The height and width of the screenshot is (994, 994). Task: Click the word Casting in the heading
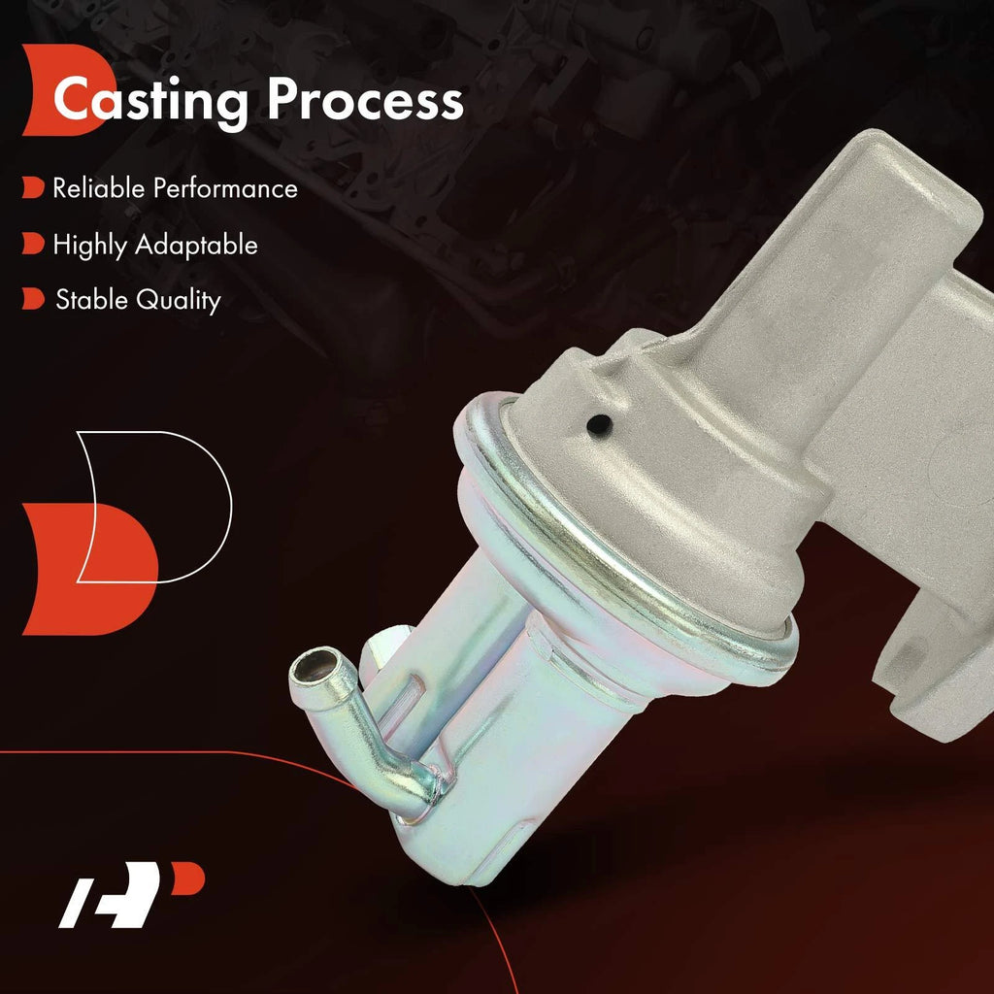150,101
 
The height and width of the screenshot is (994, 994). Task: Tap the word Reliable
99,187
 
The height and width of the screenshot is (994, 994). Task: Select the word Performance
225,188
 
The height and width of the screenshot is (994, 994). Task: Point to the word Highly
89,246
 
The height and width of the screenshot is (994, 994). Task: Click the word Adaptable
196,244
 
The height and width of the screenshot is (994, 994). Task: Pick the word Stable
91,299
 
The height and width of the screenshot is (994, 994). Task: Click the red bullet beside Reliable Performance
33,187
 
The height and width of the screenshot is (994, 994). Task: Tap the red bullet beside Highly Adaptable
33,244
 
